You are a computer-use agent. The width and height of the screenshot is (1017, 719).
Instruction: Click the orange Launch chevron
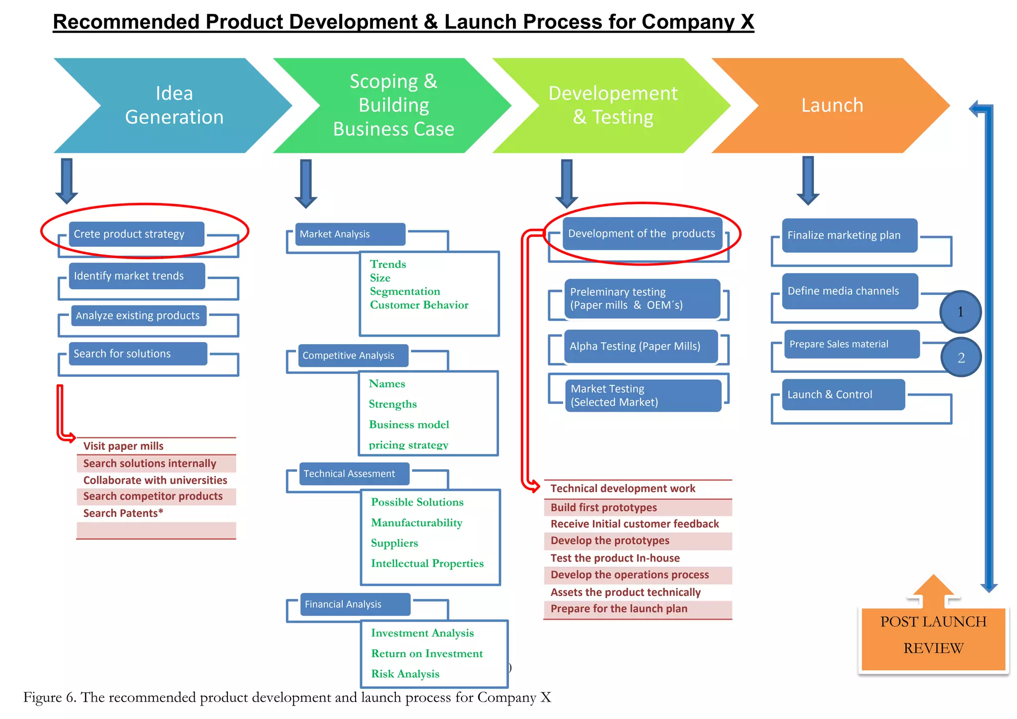[832, 105]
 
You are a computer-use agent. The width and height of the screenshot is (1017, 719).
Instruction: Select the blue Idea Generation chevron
[174, 105]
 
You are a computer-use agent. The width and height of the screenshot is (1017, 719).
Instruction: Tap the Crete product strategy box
[136, 234]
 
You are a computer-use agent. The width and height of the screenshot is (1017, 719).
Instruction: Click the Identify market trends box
[136, 276]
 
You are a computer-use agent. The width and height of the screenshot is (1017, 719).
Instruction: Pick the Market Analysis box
[350, 234]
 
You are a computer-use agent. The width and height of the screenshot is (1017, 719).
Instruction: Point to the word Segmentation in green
[405, 291]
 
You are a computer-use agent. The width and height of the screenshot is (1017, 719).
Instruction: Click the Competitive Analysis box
[353, 356]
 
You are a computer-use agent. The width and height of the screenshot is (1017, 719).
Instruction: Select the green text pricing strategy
[408, 445]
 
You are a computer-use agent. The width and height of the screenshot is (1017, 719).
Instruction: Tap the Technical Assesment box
[354, 474]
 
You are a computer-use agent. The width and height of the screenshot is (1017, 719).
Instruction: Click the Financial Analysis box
[355, 604]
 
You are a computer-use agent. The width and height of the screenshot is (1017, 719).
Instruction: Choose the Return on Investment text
[427, 653]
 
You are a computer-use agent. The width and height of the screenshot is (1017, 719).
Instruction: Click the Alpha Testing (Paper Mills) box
[641, 346]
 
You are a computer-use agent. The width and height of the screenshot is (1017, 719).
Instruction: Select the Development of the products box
[642, 233]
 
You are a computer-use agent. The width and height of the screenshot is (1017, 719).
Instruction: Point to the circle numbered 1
[960, 312]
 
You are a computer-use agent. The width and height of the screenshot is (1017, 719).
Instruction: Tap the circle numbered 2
[961, 358]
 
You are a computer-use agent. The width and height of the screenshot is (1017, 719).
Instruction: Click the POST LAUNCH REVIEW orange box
[933, 637]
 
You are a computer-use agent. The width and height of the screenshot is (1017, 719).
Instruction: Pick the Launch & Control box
[843, 395]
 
